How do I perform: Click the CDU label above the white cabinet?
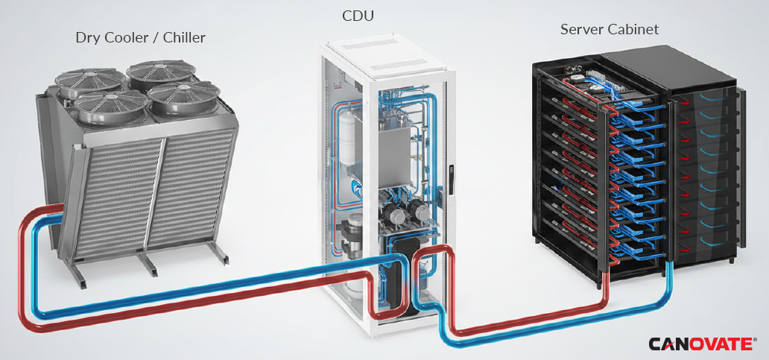click(358, 16)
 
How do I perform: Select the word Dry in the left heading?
click(86, 38)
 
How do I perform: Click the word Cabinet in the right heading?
click(633, 29)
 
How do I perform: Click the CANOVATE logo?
click(702, 344)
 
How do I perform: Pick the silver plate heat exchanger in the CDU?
click(393, 147)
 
